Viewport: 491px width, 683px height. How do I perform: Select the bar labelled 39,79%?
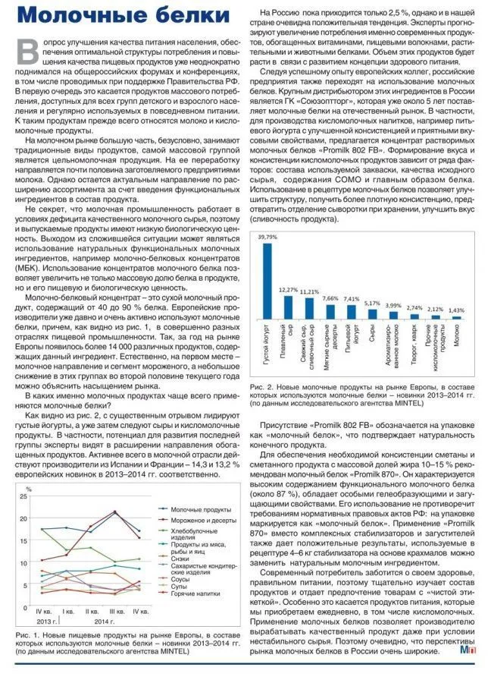(x=267, y=280)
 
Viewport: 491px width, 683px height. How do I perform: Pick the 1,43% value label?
(x=456, y=310)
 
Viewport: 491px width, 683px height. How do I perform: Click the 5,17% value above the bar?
(x=372, y=303)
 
